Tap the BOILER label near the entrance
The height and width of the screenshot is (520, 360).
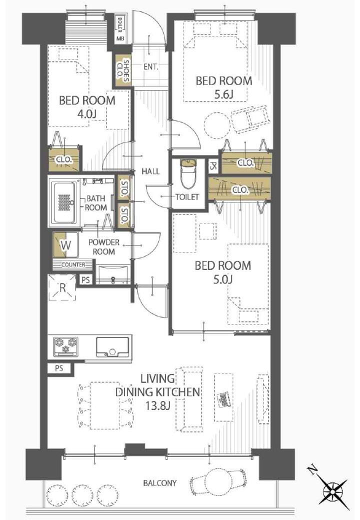[x=119, y=23]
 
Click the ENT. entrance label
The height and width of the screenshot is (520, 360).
[x=151, y=66]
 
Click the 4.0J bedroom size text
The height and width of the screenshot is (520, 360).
[x=87, y=114]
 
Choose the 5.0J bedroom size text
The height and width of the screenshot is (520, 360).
[x=223, y=279]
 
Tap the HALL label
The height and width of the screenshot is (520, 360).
[x=150, y=171]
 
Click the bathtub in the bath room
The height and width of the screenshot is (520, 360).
[x=64, y=202]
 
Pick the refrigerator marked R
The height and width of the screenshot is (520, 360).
[x=62, y=287]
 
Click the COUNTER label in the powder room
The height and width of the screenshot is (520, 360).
[x=73, y=264]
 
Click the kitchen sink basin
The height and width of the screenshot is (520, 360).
[x=112, y=347]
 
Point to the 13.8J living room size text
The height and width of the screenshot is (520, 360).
[x=157, y=405]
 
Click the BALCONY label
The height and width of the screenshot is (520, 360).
[x=160, y=483]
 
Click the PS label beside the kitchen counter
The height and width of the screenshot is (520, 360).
[x=59, y=368]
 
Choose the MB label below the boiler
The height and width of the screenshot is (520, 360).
[x=120, y=38]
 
